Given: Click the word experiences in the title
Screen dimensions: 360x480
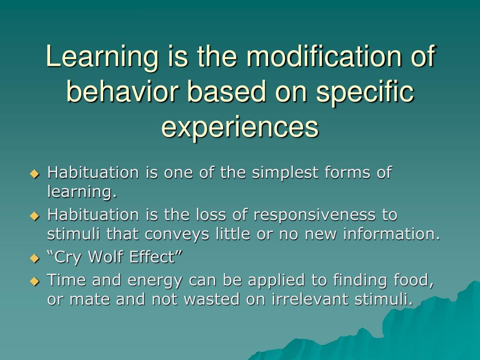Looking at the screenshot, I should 240,127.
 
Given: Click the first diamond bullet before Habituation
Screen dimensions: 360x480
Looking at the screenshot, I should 34,174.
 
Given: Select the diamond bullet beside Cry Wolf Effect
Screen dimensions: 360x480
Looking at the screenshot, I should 34,258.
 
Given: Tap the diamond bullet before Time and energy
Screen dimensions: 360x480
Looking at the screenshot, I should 34,282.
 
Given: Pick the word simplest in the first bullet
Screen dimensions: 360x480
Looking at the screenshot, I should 282,173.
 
